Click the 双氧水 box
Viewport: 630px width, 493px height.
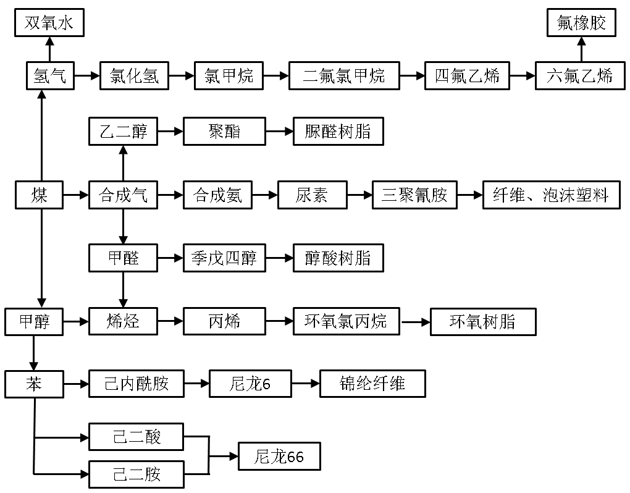tap(49, 24)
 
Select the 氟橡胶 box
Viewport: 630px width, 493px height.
tap(581, 24)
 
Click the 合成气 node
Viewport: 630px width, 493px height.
tap(123, 196)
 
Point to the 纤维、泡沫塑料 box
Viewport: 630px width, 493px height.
tap(551, 196)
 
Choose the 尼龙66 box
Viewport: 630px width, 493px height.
tap(279, 457)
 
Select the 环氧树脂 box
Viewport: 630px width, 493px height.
tap(483, 322)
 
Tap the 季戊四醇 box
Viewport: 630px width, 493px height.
tap(224, 258)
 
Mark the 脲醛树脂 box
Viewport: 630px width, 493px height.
tap(338, 132)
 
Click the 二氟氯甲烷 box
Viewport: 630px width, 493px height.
tap(343, 76)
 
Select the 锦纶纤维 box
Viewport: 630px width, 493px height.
tap(372, 384)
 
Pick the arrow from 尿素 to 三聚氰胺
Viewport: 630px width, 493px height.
tap(359, 196)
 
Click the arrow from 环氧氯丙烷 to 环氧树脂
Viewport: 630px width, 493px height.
tap(415, 322)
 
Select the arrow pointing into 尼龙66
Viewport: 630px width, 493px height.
tap(224, 457)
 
